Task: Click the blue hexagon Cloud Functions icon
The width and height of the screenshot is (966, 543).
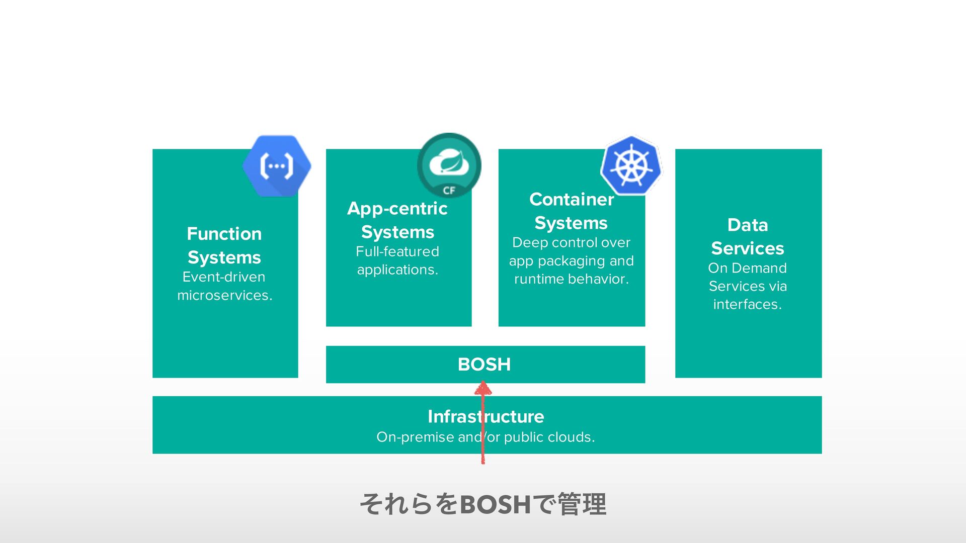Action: (x=277, y=165)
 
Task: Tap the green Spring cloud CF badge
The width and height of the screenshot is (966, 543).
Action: (x=449, y=165)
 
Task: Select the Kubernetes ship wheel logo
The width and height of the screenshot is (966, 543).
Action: (x=631, y=165)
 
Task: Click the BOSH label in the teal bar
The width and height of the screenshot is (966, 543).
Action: (x=484, y=365)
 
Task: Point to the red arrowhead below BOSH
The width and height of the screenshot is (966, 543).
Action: (x=483, y=388)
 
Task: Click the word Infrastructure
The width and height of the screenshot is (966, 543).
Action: (x=486, y=416)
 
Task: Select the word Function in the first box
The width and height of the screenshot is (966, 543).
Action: (x=224, y=234)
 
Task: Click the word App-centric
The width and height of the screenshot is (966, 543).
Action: (x=397, y=208)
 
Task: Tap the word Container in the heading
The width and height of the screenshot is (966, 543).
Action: (x=572, y=200)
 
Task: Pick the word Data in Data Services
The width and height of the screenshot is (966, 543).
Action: (x=748, y=225)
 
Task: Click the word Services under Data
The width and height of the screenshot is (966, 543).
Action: (x=748, y=248)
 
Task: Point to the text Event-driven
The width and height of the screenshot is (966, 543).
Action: (x=224, y=277)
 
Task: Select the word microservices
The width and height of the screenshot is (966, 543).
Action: (x=224, y=296)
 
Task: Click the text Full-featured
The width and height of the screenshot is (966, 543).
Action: (x=397, y=251)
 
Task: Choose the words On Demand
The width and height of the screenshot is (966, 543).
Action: (x=748, y=268)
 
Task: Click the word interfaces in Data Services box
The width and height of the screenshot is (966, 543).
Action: (x=747, y=305)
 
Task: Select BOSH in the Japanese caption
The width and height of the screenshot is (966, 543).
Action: (x=496, y=504)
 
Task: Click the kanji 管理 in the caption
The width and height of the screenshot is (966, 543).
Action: (x=582, y=504)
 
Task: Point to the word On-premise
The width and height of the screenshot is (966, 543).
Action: (x=415, y=437)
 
